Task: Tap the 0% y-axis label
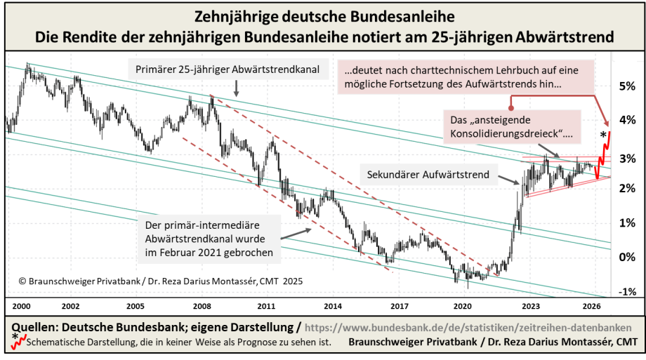pyautogui.click(x=626, y=256)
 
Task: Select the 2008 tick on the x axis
pyautogui.click(x=202, y=307)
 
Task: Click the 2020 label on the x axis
pyautogui.click(x=462, y=307)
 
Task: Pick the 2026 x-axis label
pyautogui.click(x=591, y=307)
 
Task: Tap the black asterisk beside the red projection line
pyautogui.click(x=603, y=133)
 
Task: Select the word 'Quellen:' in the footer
pyautogui.click(x=34, y=328)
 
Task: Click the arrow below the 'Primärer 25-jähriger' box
pyautogui.click(x=236, y=87)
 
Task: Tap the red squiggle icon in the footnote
pyautogui.click(x=18, y=343)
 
